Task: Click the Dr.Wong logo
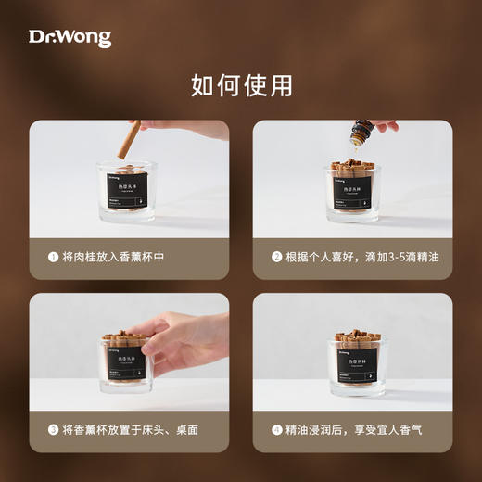[x=70, y=38]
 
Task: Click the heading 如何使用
[x=241, y=85]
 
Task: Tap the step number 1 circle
[x=52, y=257]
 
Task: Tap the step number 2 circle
[x=276, y=257]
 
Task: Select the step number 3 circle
[x=52, y=430]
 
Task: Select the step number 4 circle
[x=276, y=430]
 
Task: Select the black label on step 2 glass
[x=351, y=189]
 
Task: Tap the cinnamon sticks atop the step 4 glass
[x=352, y=337]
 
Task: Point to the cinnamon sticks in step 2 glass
[x=352, y=165]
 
